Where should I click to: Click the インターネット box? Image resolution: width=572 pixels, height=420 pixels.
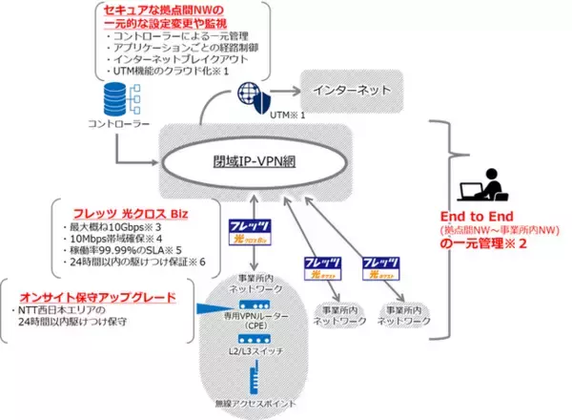coord(346,92)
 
